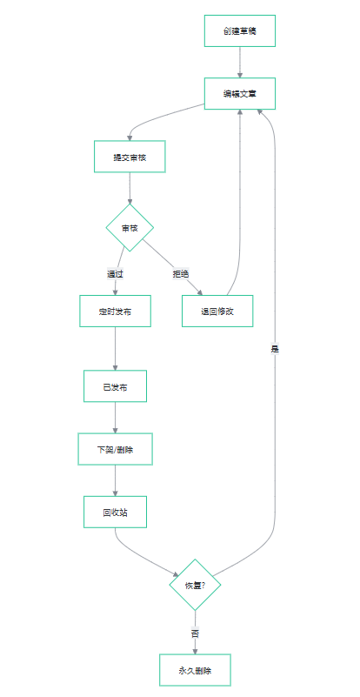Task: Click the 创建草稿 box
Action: (240, 30)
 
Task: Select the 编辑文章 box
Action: (240, 94)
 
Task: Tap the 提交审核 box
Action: (130, 157)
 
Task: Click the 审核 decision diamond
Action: (130, 228)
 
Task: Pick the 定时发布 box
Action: (115, 312)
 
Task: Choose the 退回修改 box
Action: (217, 312)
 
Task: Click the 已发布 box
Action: (115, 386)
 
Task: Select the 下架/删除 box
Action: (115, 449)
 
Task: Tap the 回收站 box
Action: (115, 512)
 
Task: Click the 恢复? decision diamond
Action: (195, 585)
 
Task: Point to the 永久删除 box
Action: (195, 670)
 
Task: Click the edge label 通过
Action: (115, 274)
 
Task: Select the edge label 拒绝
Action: (181, 274)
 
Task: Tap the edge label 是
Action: (275, 349)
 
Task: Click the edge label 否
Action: (195, 633)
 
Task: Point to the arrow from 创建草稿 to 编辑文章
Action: (240, 63)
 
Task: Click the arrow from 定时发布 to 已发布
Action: (115, 348)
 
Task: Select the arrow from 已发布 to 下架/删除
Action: (115, 418)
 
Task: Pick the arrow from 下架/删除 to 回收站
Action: (115, 480)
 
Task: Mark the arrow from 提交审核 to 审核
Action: (130, 188)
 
